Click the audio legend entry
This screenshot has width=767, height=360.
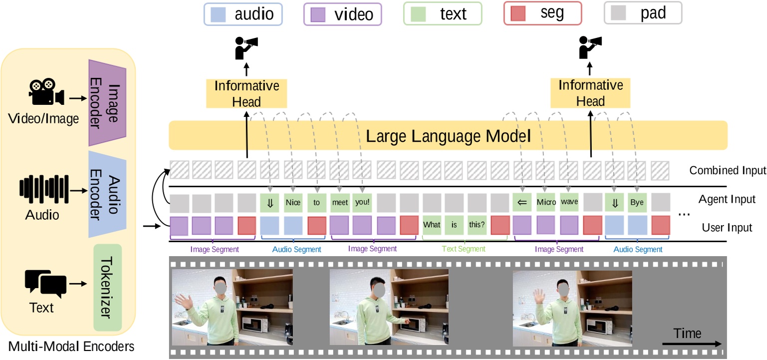click(243, 13)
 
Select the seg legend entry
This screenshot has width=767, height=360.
click(542, 13)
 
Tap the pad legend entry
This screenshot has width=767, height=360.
click(643, 13)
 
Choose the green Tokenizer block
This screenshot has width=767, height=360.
click(108, 287)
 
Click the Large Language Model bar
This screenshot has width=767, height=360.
click(448, 135)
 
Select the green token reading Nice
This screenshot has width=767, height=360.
click(293, 203)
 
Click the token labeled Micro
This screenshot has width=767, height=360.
click(545, 203)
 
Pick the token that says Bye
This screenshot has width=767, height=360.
click(637, 203)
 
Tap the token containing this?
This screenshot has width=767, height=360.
click(477, 225)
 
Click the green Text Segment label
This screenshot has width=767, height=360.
click(464, 249)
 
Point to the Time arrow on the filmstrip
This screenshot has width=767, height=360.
click(692, 344)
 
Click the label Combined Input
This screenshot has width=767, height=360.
click(727, 170)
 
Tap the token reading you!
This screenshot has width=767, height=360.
click(362, 203)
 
